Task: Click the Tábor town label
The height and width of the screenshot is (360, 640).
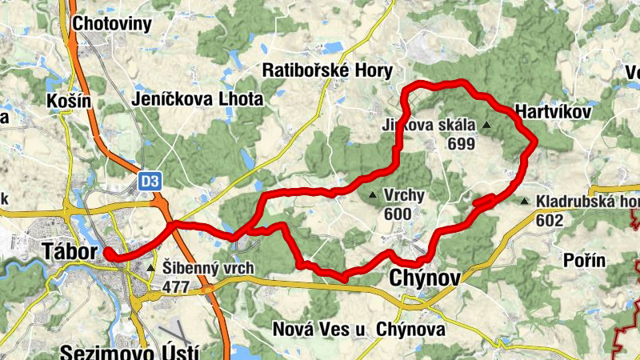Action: (x=68, y=252)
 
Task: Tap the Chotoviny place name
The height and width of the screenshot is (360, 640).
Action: (x=111, y=23)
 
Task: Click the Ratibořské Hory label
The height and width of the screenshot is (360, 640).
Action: (x=328, y=71)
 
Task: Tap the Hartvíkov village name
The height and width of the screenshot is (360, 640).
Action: (x=554, y=112)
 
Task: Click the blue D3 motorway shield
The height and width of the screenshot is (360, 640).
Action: (x=149, y=182)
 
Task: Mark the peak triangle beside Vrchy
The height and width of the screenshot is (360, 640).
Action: (x=372, y=195)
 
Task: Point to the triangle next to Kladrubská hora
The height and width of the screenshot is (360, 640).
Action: (x=525, y=201)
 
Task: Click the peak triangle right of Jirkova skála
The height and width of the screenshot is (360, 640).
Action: (x=486, y=126)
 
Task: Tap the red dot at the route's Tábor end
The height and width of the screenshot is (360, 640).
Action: (x=107, y=256)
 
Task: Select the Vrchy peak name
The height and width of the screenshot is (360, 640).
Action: (x=404, y=195)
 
